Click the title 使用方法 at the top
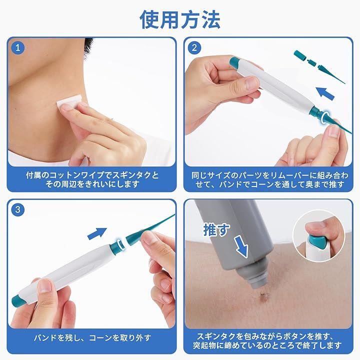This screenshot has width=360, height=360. coord(180,19)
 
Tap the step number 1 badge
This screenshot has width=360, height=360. coord(17,48)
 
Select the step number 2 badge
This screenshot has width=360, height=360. coord(194,48)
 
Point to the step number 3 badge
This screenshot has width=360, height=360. coord(17,209)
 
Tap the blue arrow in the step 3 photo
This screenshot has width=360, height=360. coord(97,233)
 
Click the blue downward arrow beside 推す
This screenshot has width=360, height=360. coord(241,246)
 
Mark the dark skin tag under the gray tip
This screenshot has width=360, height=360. coord(262,295)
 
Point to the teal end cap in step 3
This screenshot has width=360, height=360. coord(18,301)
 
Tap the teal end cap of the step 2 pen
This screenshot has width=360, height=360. coord(234,62)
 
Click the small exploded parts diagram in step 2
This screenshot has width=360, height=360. coord(319,66)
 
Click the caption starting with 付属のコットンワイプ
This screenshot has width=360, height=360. coord(92,179)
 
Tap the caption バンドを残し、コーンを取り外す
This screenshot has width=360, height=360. coord(92,337)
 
